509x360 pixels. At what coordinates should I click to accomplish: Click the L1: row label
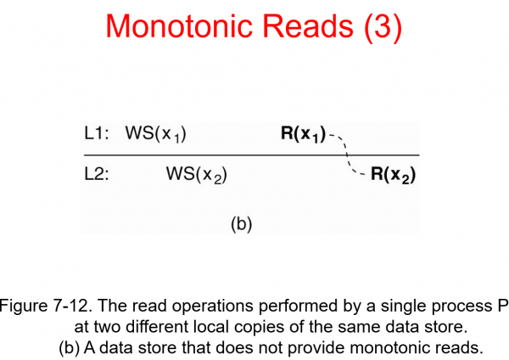97,133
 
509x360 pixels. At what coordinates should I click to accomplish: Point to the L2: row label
97,175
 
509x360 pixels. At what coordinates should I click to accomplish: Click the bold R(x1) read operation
303,134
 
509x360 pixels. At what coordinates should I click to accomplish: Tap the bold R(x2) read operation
394,177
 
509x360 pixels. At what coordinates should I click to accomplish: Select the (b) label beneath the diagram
242,225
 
